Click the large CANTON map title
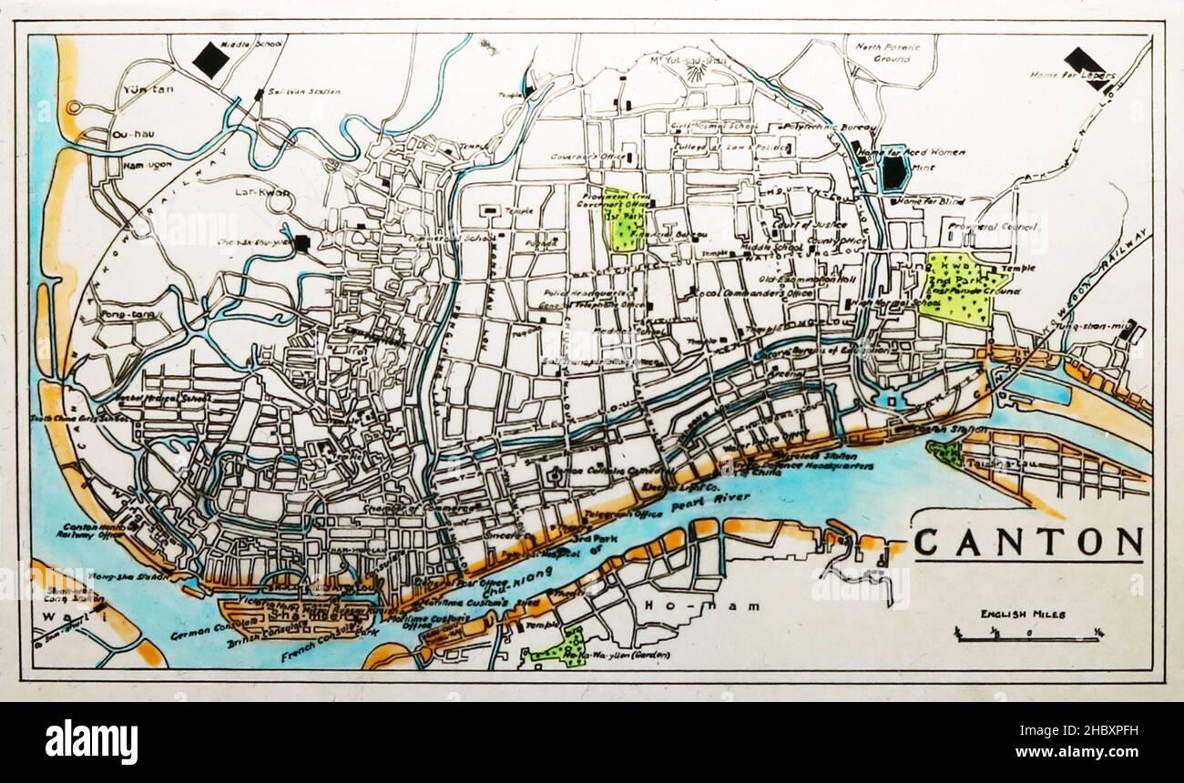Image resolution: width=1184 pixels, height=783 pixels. point(1027,542)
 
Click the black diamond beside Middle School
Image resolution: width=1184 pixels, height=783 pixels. point(211,60)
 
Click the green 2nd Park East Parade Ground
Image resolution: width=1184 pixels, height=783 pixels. point(961,290)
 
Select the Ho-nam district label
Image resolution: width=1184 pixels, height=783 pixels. point(672,605)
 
